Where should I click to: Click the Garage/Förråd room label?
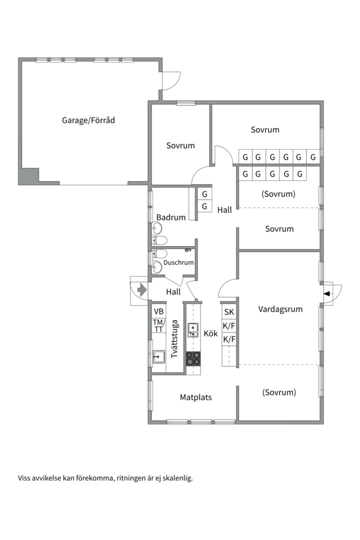(88, 120)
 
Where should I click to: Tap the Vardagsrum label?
(280, 309)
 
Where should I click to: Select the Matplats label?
(195, 397)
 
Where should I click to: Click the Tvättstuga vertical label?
(174, 339)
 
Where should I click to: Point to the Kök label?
(211, 333)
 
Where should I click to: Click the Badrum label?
(171, 217)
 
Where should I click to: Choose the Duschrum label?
(178, 262)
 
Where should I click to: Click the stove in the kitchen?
(193, 358)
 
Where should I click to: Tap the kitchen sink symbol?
(193, 330)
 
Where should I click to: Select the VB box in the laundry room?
(159, 311)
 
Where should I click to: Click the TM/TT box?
(159, 325)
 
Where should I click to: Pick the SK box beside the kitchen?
(229, 312)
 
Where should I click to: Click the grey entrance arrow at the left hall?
(142, 289)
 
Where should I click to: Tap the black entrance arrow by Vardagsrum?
(327, 293)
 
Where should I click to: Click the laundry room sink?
(158, 357)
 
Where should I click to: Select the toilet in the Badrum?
(159, 240)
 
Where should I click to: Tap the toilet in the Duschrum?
(159, 254)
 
